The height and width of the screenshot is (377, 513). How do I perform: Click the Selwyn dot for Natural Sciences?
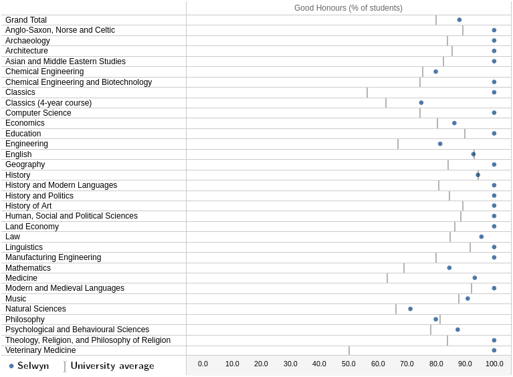(411, 309)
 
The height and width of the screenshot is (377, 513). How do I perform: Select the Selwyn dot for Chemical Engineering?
(435, 72)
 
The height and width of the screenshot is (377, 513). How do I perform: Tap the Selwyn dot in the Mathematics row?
(449, 268)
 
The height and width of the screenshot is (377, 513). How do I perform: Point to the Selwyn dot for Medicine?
(475, 278)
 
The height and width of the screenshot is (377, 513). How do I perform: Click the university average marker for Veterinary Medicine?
(349, 350)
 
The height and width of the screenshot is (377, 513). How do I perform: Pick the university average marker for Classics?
(367, 92)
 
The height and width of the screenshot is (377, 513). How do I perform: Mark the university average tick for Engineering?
(398, 144)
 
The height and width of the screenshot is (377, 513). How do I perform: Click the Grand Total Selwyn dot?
(459, 20)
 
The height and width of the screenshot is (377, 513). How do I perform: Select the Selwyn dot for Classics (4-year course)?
(421, 103)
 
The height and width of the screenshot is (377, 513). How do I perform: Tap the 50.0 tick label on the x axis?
(348, 364)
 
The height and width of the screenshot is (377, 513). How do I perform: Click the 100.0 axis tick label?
(494, 364)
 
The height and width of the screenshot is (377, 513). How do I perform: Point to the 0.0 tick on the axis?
(203, 364)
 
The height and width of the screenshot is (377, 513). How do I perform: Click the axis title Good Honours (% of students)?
(348, 8)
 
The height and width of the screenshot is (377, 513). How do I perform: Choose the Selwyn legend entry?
(29, 366)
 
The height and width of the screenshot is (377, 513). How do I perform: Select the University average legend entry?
(109, 366)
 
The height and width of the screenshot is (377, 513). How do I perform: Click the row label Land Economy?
(32, 227)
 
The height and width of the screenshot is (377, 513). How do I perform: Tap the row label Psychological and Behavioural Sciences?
(77, 330)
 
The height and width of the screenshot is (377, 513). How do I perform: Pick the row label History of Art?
(28, 206)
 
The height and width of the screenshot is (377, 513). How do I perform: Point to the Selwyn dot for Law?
(482, 237)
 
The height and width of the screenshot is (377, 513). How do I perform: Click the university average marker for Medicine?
(387, 278)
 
